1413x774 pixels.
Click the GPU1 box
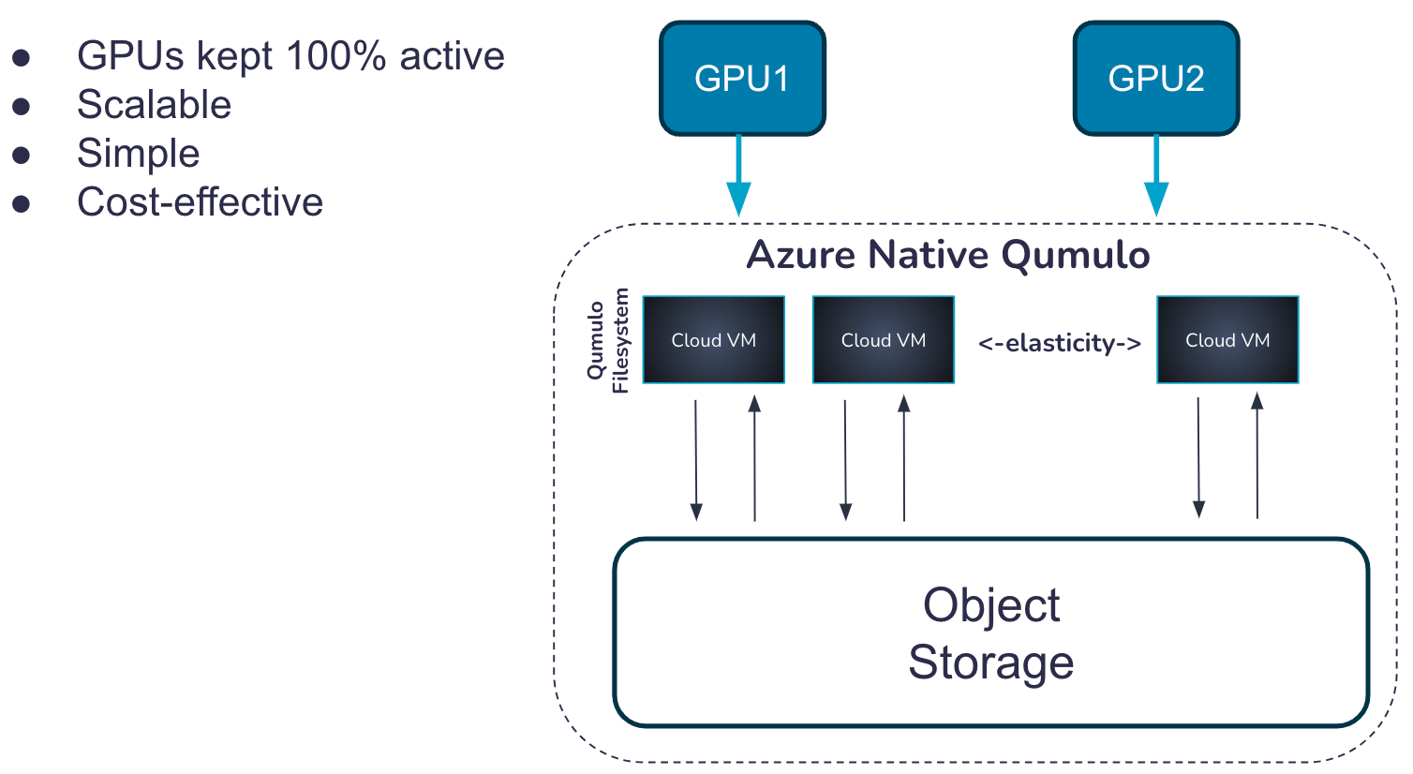(742, 79)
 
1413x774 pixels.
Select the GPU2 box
(1155, 79)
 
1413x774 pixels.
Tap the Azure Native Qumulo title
(947, 255)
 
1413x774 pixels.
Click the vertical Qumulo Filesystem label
(608, 340)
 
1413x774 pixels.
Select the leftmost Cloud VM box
(713, 340)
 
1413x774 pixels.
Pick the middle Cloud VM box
(883, 340)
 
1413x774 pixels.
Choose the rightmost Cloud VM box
(1227, 340)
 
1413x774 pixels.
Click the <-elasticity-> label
(1059, 343)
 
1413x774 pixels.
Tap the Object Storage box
(990, 633)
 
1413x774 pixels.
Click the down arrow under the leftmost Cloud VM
(695, 459)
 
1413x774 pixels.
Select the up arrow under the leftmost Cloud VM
(754, 459)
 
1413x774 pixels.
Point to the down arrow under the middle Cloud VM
(845, 459)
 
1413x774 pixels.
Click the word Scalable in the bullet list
(155, 105)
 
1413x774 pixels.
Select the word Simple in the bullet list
(139, 154)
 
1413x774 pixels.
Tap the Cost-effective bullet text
(200, 202)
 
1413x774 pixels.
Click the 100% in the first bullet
(336, 56)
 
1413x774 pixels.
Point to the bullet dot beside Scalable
(22, 106)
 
